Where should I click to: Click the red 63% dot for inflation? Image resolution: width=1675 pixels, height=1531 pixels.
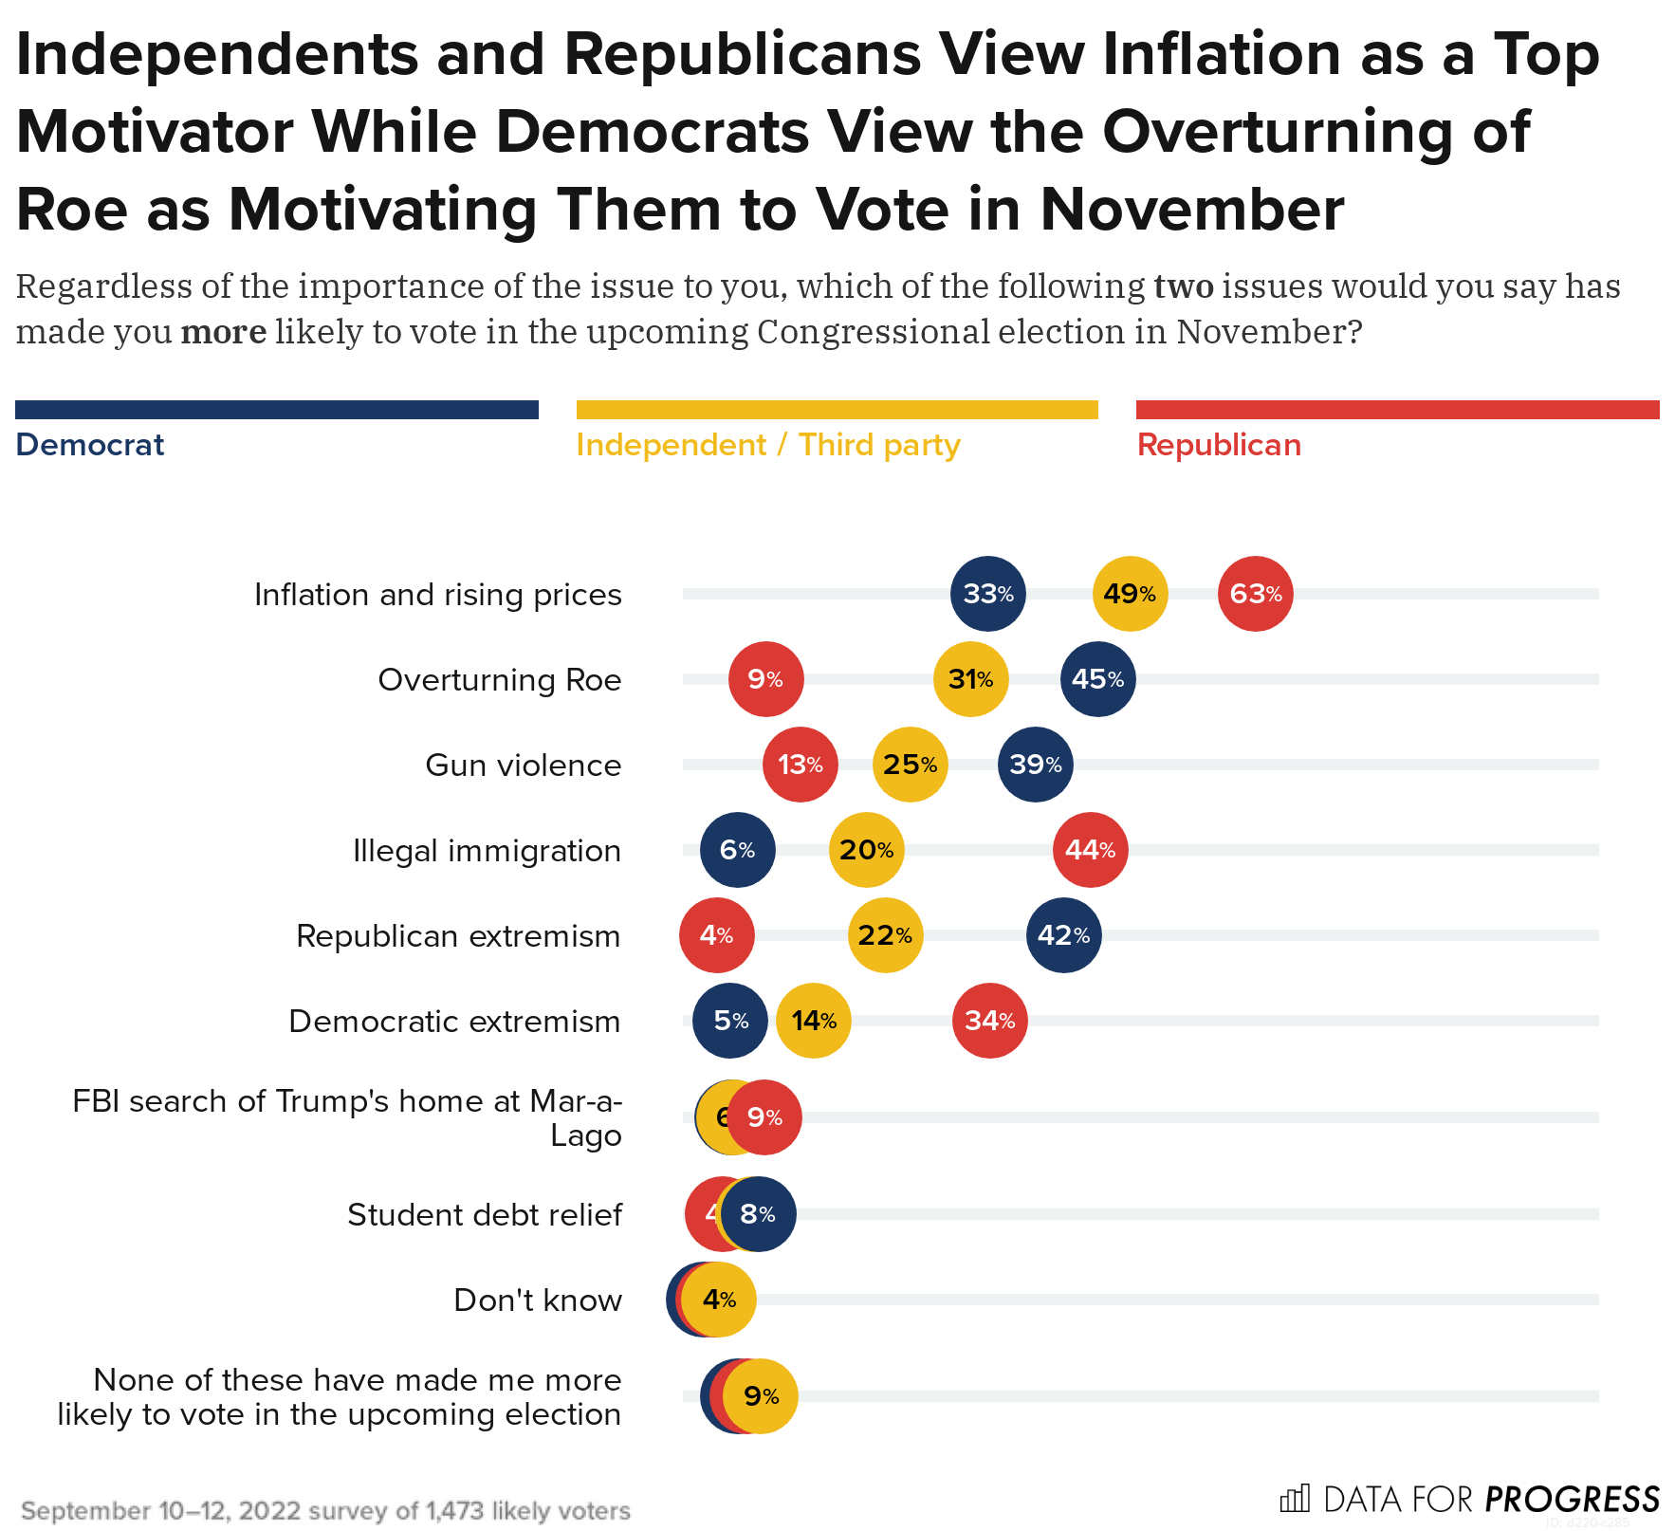coord(1255,594)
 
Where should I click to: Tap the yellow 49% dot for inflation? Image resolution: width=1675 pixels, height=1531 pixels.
coord(1130,594)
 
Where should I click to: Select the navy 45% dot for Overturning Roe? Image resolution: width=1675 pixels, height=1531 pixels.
coord(1097,679)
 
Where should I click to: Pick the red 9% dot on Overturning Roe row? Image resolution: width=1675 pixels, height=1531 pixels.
coord(765,679)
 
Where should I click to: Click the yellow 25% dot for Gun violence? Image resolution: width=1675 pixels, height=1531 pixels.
coord(910,765)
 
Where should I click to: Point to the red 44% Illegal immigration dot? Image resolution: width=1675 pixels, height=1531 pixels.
coord(1090,850)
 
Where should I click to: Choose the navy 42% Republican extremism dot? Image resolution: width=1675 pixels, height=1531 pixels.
coord(1063,935)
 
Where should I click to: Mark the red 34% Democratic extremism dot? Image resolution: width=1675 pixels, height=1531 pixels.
coord(989,1021)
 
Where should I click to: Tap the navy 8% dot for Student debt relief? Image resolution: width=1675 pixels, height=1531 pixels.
coord(758,1214)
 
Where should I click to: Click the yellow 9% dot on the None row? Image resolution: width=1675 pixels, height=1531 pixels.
coord(761,1396)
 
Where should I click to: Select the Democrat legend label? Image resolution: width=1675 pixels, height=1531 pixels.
coord(90,445)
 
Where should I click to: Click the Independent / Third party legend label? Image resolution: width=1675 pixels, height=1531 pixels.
coord(767,445)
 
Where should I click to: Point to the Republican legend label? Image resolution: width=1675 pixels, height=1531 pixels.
coord(1219,445)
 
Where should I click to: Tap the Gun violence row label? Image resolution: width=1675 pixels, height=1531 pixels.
coord(523,765)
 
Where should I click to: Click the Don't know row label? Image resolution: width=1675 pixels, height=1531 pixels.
coord(537,1300)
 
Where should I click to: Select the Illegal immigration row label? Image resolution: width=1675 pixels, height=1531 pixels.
coord(487,850)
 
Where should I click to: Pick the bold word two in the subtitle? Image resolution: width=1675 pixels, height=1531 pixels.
coord(1183,286)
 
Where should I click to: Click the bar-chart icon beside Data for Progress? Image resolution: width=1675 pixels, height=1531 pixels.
coord(1295,1499)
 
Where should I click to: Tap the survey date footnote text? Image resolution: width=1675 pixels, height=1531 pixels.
coord(325,1510)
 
